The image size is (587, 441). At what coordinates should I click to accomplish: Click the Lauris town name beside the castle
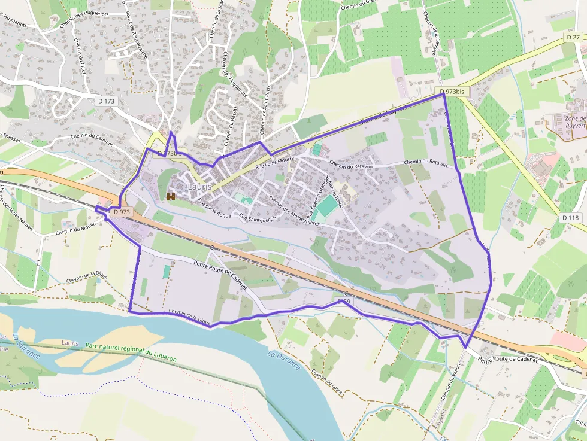coord(199,187)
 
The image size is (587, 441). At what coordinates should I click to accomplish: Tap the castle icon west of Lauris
coord(171,196)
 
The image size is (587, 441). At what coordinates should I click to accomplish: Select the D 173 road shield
coord(105,101)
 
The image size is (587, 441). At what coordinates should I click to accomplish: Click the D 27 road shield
coord(573,37)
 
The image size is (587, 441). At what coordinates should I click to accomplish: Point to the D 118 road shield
coord(571,218)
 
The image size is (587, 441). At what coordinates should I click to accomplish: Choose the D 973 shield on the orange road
coord(121,212)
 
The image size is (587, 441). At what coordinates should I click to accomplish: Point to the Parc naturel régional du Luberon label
coord(131,351)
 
